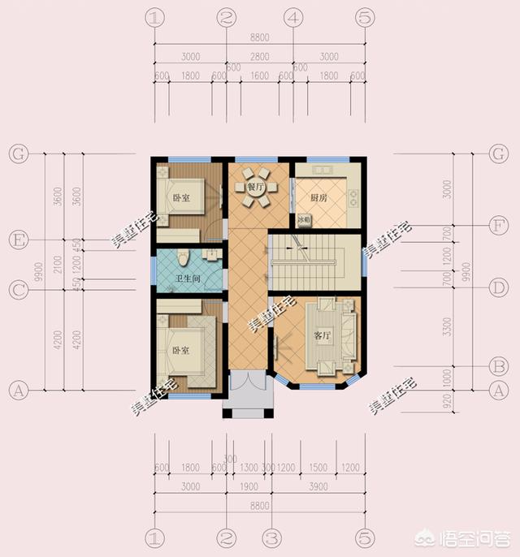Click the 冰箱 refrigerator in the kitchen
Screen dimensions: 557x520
point(305,219)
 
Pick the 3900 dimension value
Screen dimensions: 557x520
point(320,486)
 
